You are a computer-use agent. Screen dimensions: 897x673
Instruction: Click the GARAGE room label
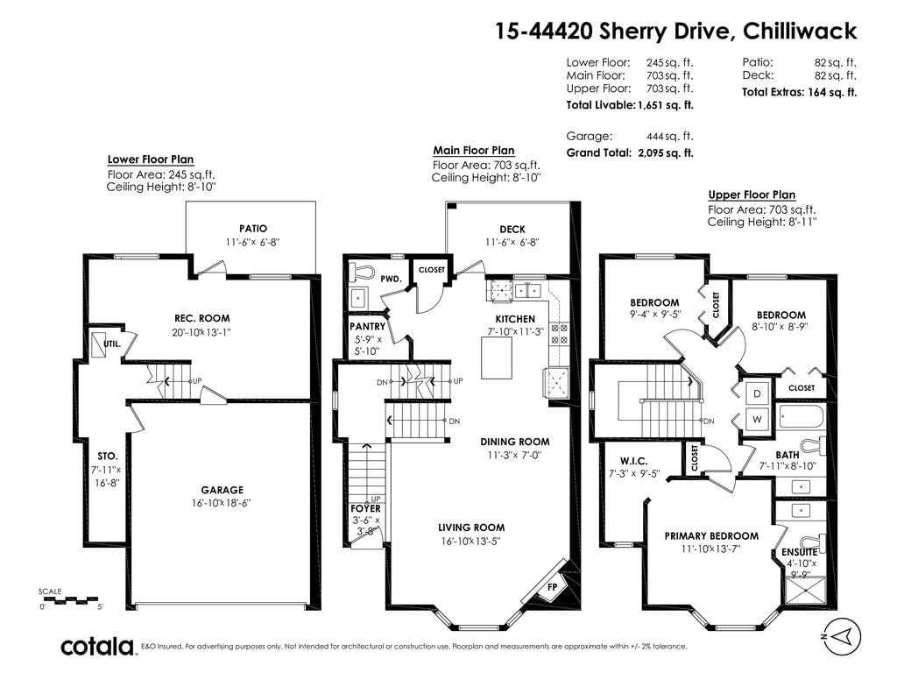tap(222, 490)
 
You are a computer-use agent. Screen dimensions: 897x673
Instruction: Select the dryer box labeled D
tap(757, 393)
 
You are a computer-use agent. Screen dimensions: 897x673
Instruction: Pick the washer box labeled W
tap(757, 419)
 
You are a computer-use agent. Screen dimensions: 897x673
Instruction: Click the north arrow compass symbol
tap(840, 636)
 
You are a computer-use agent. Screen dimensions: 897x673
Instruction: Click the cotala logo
tap(97, 647)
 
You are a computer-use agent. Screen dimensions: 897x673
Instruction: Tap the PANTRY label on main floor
tap(367, 326)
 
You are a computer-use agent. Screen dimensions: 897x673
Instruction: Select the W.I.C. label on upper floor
tap(634, 461)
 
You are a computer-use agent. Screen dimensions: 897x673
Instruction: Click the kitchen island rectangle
tap(497, 358)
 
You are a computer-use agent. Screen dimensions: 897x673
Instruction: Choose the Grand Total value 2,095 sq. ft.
tap(666, 152)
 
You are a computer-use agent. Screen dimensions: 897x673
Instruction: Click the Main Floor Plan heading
tap(474, 151)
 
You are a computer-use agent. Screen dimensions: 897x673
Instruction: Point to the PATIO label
tap(253, 229)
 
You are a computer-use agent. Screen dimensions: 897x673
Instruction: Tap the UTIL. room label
tap(112, 344)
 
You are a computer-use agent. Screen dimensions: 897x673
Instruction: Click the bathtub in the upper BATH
tap(801, 416)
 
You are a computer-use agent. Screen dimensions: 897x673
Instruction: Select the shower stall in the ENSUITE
tap(807, 592)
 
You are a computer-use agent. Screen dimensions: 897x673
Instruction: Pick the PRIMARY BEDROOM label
tap(711, 536)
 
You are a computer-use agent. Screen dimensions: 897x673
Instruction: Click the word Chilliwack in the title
tap(800, 31)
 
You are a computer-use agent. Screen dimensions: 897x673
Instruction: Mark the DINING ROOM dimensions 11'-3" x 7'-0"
tap(515, 456)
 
